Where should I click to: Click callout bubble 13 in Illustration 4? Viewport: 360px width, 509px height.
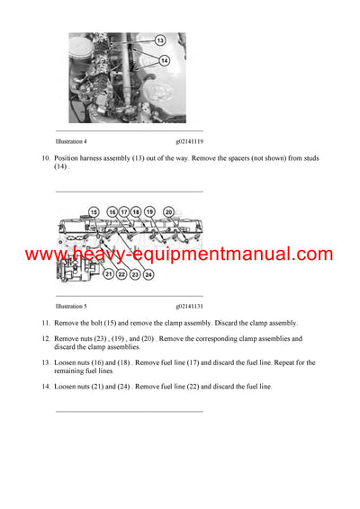[159, 40]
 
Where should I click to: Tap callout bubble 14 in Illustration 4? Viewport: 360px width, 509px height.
[163, 59]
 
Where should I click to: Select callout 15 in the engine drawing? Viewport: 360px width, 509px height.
[94, 211]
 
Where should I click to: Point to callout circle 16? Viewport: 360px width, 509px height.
[112, 211]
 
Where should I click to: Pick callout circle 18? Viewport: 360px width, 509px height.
[137, 211]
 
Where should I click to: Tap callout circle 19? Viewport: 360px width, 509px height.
[149, 211]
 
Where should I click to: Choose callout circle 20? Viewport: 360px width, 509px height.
[168, 211]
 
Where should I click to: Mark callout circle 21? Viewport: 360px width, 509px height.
[109, 274]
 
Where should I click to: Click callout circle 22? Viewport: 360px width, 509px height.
[121, 274]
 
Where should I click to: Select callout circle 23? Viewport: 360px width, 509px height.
[135, 274]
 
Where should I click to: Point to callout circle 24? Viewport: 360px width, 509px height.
[148, 274]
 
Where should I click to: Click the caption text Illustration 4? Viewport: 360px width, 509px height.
[71, 141]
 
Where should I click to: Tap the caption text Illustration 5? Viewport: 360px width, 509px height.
[71, 306]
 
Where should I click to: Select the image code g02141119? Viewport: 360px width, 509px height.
[190, 141]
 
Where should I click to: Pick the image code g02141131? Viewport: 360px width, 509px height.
[190, 306]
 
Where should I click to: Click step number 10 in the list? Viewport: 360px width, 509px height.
[46, 158]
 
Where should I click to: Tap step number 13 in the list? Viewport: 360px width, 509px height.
[46, 362]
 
